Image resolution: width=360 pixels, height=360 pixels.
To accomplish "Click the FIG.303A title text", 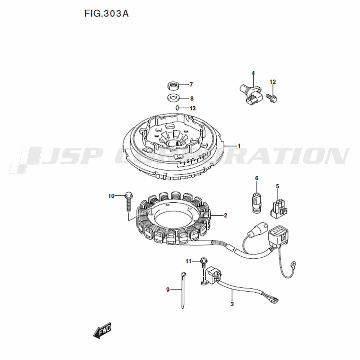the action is [107, 14].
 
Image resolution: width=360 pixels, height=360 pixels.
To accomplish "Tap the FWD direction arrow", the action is [102, 330].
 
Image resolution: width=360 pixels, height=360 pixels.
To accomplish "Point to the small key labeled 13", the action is [177, 107].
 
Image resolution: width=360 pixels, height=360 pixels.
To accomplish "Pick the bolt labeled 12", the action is [272, 97].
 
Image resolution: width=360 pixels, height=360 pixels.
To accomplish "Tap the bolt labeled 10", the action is [128, 202].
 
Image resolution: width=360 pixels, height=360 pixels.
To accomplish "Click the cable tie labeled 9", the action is [183, 290].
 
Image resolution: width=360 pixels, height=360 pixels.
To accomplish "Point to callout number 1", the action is [239, 146].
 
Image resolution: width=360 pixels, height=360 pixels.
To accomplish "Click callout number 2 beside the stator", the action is [225, 215].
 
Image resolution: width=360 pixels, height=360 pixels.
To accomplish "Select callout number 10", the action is [111, 196].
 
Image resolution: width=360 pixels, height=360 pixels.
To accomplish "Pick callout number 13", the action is [192, 108].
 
